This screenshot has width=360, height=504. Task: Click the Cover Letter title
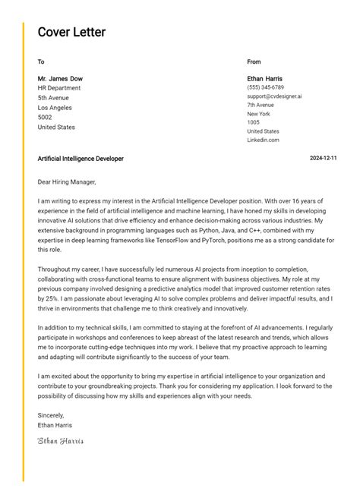pyautogui.click(x=71, y=33)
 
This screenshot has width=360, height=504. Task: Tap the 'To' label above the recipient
pyautogui.click(x=41, y=61)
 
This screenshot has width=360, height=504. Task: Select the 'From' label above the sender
pyautogui.click(x=254, y=61)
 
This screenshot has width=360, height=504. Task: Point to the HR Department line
pyautogui.click(x=59, y=88)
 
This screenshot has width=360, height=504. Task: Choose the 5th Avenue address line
pyautogui.click(x=53, y=98)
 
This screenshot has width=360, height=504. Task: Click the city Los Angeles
pyautogui.click(x=55, y=108)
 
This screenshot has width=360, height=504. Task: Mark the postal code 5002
pyautogui.click(x=45, y=118)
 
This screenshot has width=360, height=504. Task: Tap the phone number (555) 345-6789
pyautogui.click(x=265, y=87)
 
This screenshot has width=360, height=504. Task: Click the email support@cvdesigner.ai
pyautogui.click(x=274, y=96)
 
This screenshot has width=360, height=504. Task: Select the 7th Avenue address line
pyautogui.click(x=261, y=105)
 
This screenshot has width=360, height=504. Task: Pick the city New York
pyautogui.click(x=258, y=114)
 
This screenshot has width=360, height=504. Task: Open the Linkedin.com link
pyautogui.click(x=263, y=140)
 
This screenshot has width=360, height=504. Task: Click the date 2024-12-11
pyautogui.click(x=324, y=159)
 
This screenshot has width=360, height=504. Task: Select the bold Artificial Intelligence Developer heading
pyautogui.click(x=81, y=159)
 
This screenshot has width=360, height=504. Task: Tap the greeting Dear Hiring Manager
pyautogui.click(x=67, y=182)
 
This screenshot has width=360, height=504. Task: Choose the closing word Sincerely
pyautogui.click(x=51, y=415)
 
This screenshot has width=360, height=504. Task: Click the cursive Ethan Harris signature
pyautogui.click(x=61, y=440)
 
